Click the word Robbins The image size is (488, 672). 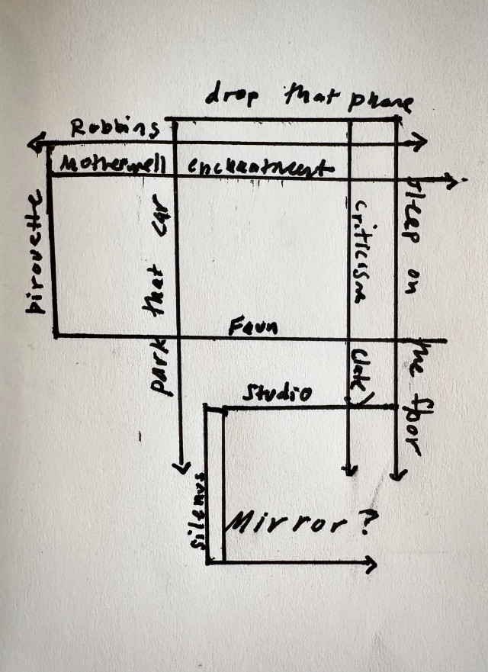click(x=115, y=128)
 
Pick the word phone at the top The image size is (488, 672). click(x=380, y=102)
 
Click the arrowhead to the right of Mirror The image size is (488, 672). click(x=371, y=564)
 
